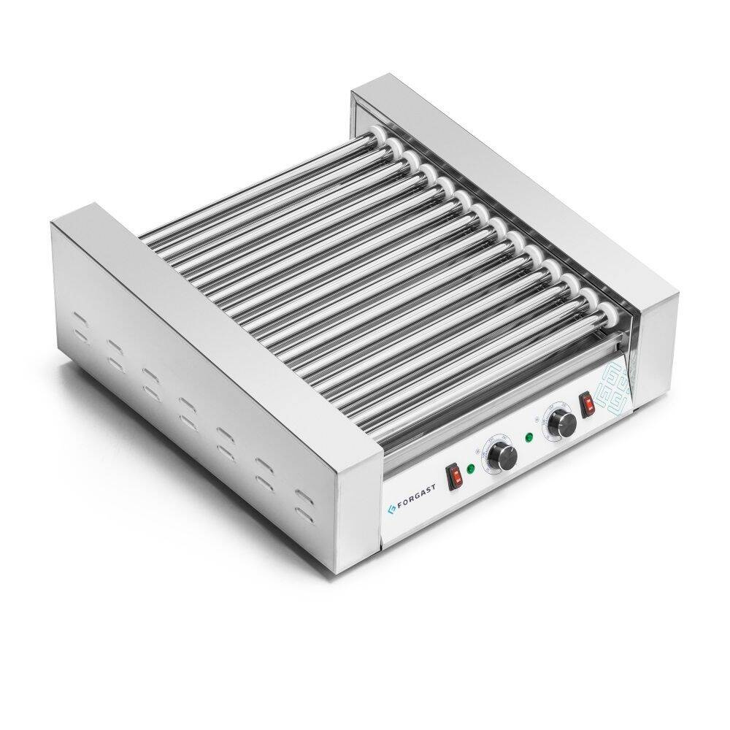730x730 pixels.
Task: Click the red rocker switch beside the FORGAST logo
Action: pos(455,474)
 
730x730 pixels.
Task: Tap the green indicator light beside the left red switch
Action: pos(472,469)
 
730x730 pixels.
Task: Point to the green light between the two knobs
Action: pos(529,439)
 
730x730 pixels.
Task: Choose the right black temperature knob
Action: pos(561,421)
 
